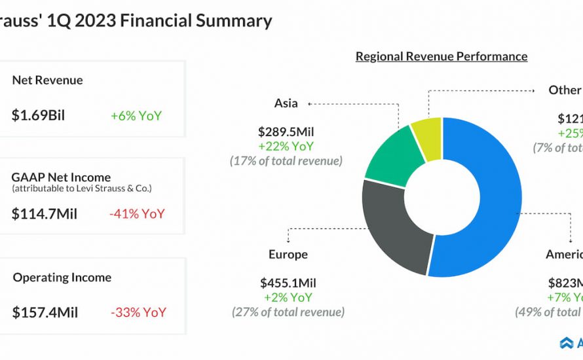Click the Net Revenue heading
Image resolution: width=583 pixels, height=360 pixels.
point(47,81)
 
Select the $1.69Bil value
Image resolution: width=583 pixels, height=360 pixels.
point(38,116)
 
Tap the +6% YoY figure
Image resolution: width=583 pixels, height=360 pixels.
point(136,116)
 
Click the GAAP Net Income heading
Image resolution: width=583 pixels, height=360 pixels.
point(61,177)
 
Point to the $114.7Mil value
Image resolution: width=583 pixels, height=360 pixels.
point(44,214)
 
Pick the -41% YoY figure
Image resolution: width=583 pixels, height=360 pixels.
point(138,214)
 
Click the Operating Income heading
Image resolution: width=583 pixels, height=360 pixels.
point(62,278)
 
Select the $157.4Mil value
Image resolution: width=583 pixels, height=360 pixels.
point(45,313)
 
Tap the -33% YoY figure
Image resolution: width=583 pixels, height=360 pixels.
point(138,313)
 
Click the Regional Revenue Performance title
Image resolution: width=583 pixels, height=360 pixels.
point(441,56)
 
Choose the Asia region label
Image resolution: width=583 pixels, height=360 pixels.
point(286,103)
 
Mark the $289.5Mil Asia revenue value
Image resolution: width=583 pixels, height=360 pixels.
point(286,132)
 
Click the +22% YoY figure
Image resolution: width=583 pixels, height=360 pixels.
point(286,147)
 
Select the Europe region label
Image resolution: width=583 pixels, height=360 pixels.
point(288,254)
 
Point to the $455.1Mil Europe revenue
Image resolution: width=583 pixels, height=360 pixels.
point(288,283)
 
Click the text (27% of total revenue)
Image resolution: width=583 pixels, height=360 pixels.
point(288,312)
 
